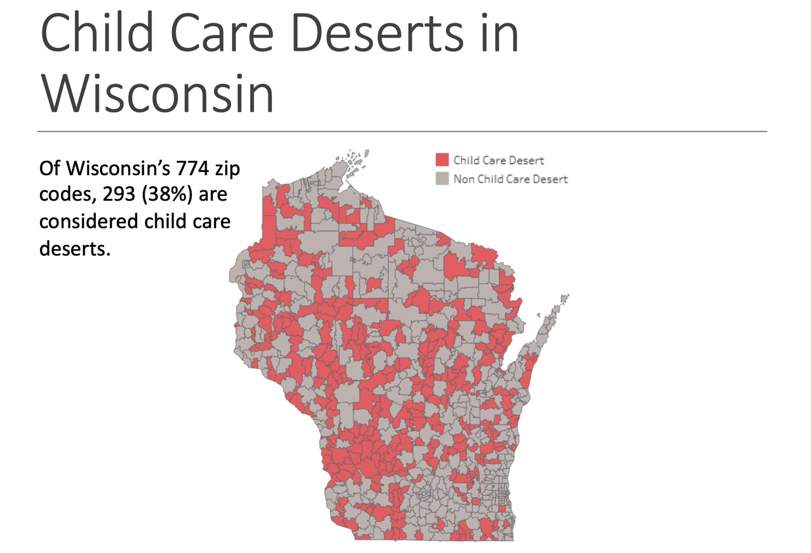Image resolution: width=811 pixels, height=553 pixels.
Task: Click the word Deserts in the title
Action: (x=377, y=33)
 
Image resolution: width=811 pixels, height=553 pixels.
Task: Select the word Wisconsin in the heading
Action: (x=157, y=94)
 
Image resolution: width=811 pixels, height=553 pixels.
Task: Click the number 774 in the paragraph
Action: (x=193, y=169)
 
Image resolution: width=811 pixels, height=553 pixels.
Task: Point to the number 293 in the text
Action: (x=118, y=194)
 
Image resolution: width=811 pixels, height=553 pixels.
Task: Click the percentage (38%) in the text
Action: (x=167, y=194)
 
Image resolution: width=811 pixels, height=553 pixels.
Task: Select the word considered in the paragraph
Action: (x=89, y=222)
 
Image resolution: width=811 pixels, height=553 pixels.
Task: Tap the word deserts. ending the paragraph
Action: (x=75, y=249)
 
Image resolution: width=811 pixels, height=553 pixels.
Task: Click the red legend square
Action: (x=442, y=160)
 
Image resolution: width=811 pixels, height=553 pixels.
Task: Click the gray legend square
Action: (x=442, y=179)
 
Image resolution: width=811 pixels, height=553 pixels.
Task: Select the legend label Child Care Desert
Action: (x=498, y=160)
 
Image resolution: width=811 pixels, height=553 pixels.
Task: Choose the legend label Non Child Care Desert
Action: (x=510, y=179)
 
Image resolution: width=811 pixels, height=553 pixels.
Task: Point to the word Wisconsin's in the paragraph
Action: (x=118, y=169)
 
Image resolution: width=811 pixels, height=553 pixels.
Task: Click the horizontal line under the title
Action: (x=401, y=131)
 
